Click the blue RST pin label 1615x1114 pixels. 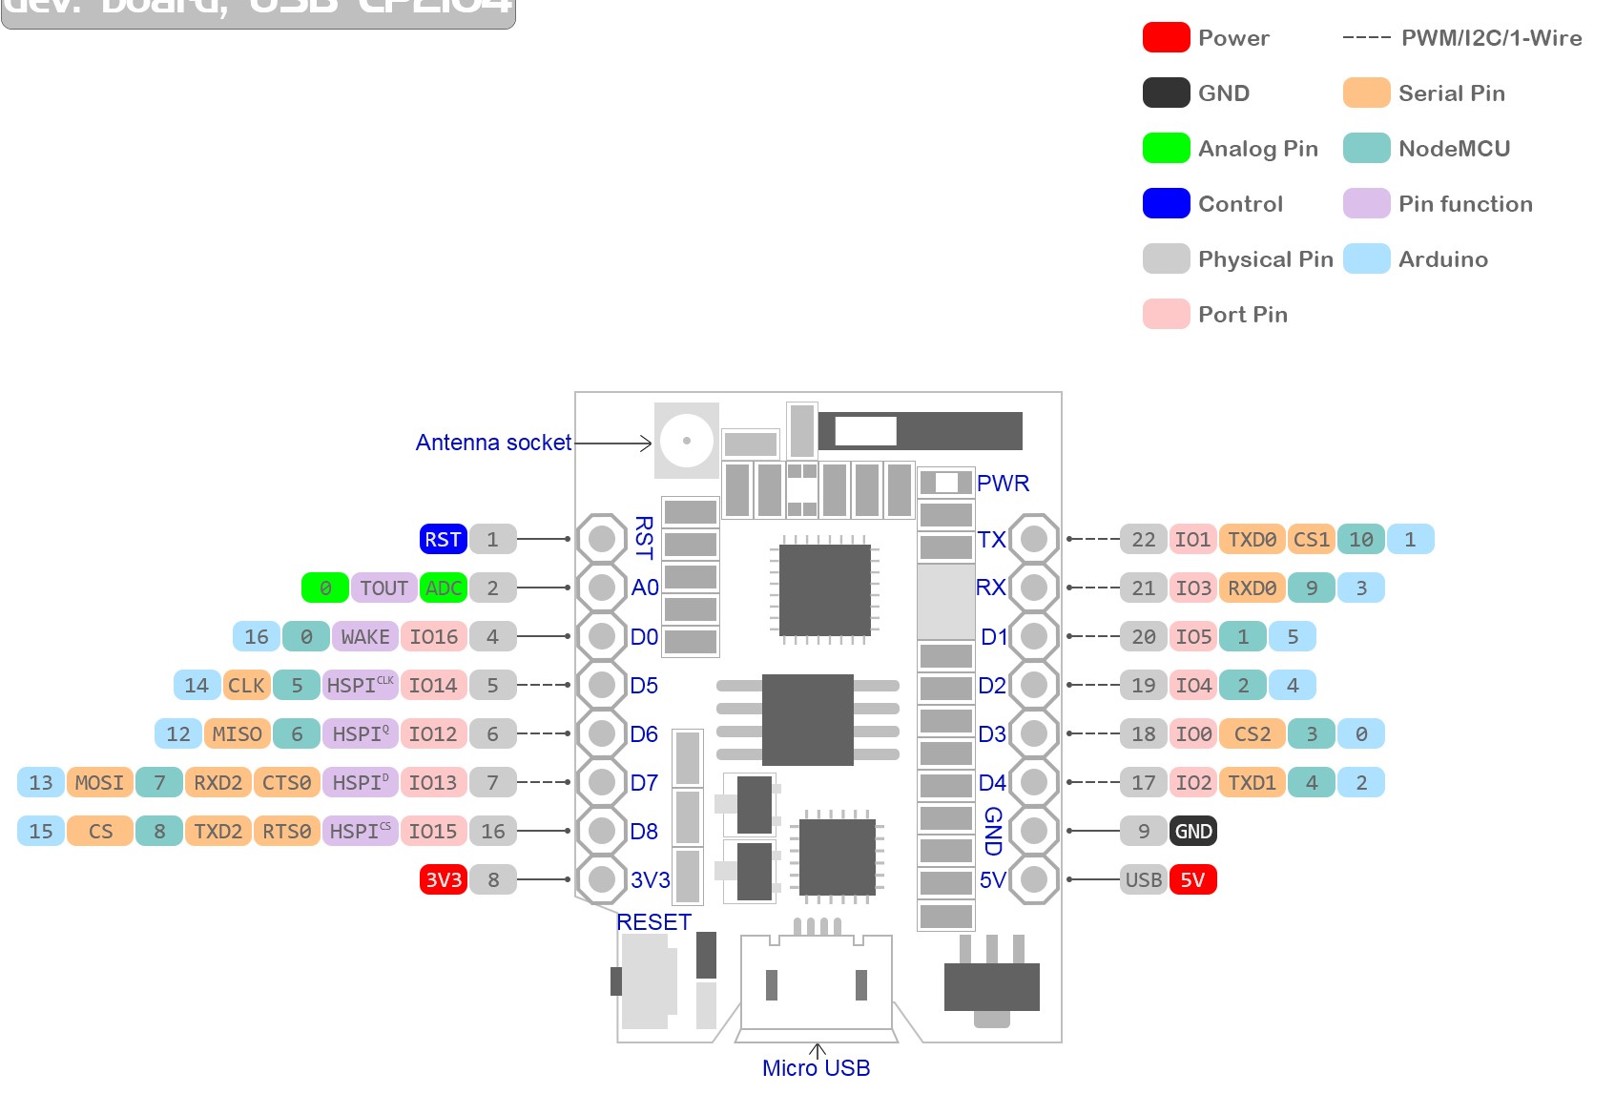443,539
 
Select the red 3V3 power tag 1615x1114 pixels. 443,879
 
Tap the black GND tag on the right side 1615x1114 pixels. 1192,831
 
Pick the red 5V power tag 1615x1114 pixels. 1192,879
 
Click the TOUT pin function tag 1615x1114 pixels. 383,588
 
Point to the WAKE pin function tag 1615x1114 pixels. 364,636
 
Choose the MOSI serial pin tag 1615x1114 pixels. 99,782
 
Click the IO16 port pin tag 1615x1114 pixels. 433,636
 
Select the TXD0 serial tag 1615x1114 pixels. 1252,539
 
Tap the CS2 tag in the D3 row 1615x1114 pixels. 1252,733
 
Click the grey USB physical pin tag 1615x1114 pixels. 1143,879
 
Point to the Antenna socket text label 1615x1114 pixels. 493,443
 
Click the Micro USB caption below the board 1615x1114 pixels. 816,1068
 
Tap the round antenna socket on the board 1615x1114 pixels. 686,441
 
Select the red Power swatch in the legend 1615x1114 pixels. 1166,37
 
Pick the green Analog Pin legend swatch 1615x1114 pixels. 1166,148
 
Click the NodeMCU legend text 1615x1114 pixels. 1454,148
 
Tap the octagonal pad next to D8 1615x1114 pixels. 602,831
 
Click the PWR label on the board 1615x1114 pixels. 1003,483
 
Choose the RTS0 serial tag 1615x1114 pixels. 286,831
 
